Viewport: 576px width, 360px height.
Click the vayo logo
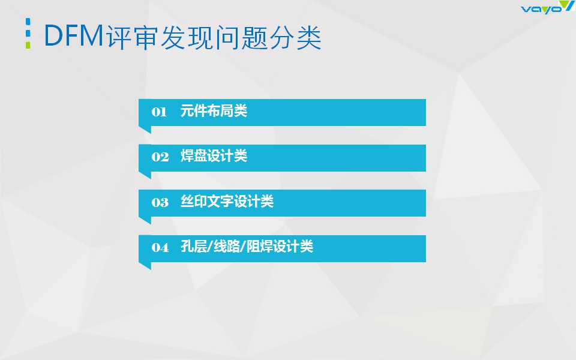tap(547, 7)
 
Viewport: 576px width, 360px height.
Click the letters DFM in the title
tap(74, 35)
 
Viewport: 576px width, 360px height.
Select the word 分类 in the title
tap(296, 37)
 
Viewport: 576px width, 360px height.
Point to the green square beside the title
tap(28, 45)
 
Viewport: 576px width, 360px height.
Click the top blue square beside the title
tap(28, 22)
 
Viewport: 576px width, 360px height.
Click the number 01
tap(159, 112)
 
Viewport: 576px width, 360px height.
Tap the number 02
tap(160, 157)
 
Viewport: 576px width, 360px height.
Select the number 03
tap(160, 202)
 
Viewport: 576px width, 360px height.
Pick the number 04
tap(160, 248)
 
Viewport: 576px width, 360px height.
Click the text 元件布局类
tap(214, 111)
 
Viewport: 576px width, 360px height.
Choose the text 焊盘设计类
tap(214, 156)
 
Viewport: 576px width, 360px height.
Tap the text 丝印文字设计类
tap(227, 202)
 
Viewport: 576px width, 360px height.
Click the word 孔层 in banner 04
tap(194, 247)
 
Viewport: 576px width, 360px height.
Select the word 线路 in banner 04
tap(227, 247)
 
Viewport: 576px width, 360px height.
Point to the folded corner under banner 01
tap(145, 130)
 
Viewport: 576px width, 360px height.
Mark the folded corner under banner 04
tap(145, 266)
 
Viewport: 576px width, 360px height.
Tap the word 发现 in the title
tap(187, 37)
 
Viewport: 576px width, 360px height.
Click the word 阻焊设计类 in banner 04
tap(280, 247)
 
